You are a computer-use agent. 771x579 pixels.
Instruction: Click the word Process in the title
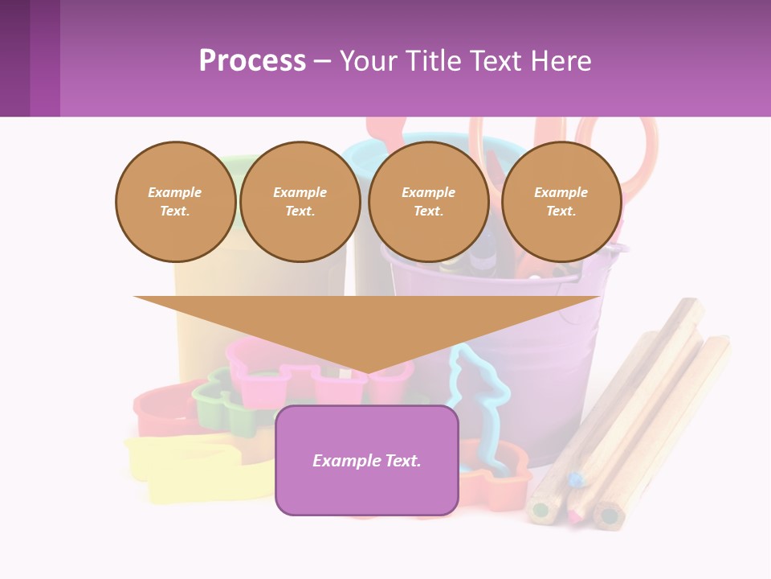coord(252,60)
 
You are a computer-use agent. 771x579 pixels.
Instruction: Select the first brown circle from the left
coord(175,202)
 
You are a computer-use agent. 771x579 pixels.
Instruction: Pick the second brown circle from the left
coord(300,202)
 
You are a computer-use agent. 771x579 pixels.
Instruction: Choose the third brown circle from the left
coord(428,202)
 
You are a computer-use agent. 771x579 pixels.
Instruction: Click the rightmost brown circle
coord(561,202)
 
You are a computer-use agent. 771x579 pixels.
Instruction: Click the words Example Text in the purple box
coord(366,461)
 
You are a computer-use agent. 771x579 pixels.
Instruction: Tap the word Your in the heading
coord(369,60)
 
